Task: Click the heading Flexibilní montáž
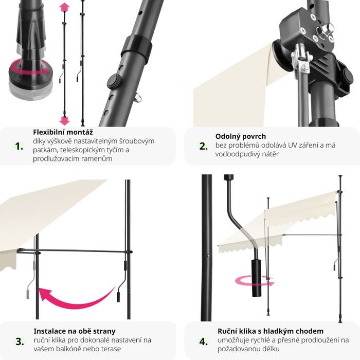[x=63, y=132]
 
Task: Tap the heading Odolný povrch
[x=241, y=136]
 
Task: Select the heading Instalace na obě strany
[x=75, y=331]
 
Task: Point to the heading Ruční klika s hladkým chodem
[x=271, y=331]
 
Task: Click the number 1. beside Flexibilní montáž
[x=19, y=146]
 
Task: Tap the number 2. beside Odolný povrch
[x=203, y=146]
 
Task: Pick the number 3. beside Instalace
[x=20, y=341]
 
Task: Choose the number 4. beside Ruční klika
[x=204, y=341]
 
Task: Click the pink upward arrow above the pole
[x=64, y=7]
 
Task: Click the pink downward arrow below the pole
[x=64, y=120]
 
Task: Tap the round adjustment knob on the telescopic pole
[x=114, y=81]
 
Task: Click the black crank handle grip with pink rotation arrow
[x=257, y=278]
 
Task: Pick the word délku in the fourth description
[x=271, y=349]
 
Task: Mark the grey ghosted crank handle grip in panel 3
[x=28, y=294]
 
